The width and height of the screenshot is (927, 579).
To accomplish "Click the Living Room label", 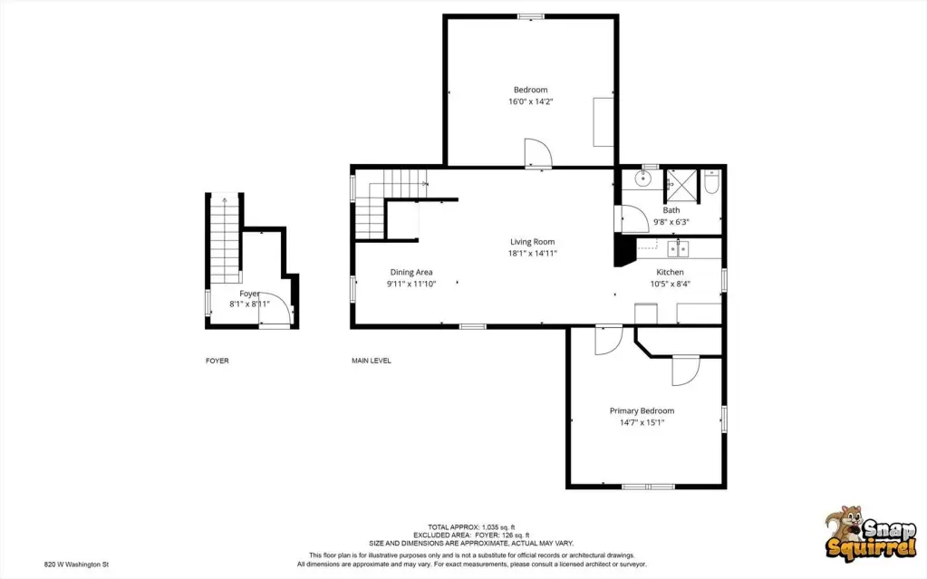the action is [532, 242].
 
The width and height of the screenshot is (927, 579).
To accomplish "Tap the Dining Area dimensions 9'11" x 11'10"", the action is [411, 284].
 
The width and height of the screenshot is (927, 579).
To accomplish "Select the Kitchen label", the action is [670, 272].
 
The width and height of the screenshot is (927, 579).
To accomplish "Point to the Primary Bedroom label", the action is [642, 410].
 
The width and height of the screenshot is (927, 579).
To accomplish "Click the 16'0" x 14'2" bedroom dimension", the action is [531, 101].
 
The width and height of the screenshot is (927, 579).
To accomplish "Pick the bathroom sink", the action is [642, 178].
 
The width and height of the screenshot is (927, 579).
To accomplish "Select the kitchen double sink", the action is [678, 249].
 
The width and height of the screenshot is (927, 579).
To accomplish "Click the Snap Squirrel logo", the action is [870, 533].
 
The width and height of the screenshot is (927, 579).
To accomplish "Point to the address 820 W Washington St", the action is [76, 565].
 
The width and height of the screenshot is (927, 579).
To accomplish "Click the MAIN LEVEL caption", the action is [372, 361].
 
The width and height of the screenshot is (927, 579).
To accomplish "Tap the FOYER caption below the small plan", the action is [217, 361].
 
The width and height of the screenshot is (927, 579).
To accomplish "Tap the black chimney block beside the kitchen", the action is [623, 250].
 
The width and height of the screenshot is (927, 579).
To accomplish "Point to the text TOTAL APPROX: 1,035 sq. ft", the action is [471, 527].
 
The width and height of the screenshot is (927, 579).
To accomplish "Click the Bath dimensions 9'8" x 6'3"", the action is [671, 222].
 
